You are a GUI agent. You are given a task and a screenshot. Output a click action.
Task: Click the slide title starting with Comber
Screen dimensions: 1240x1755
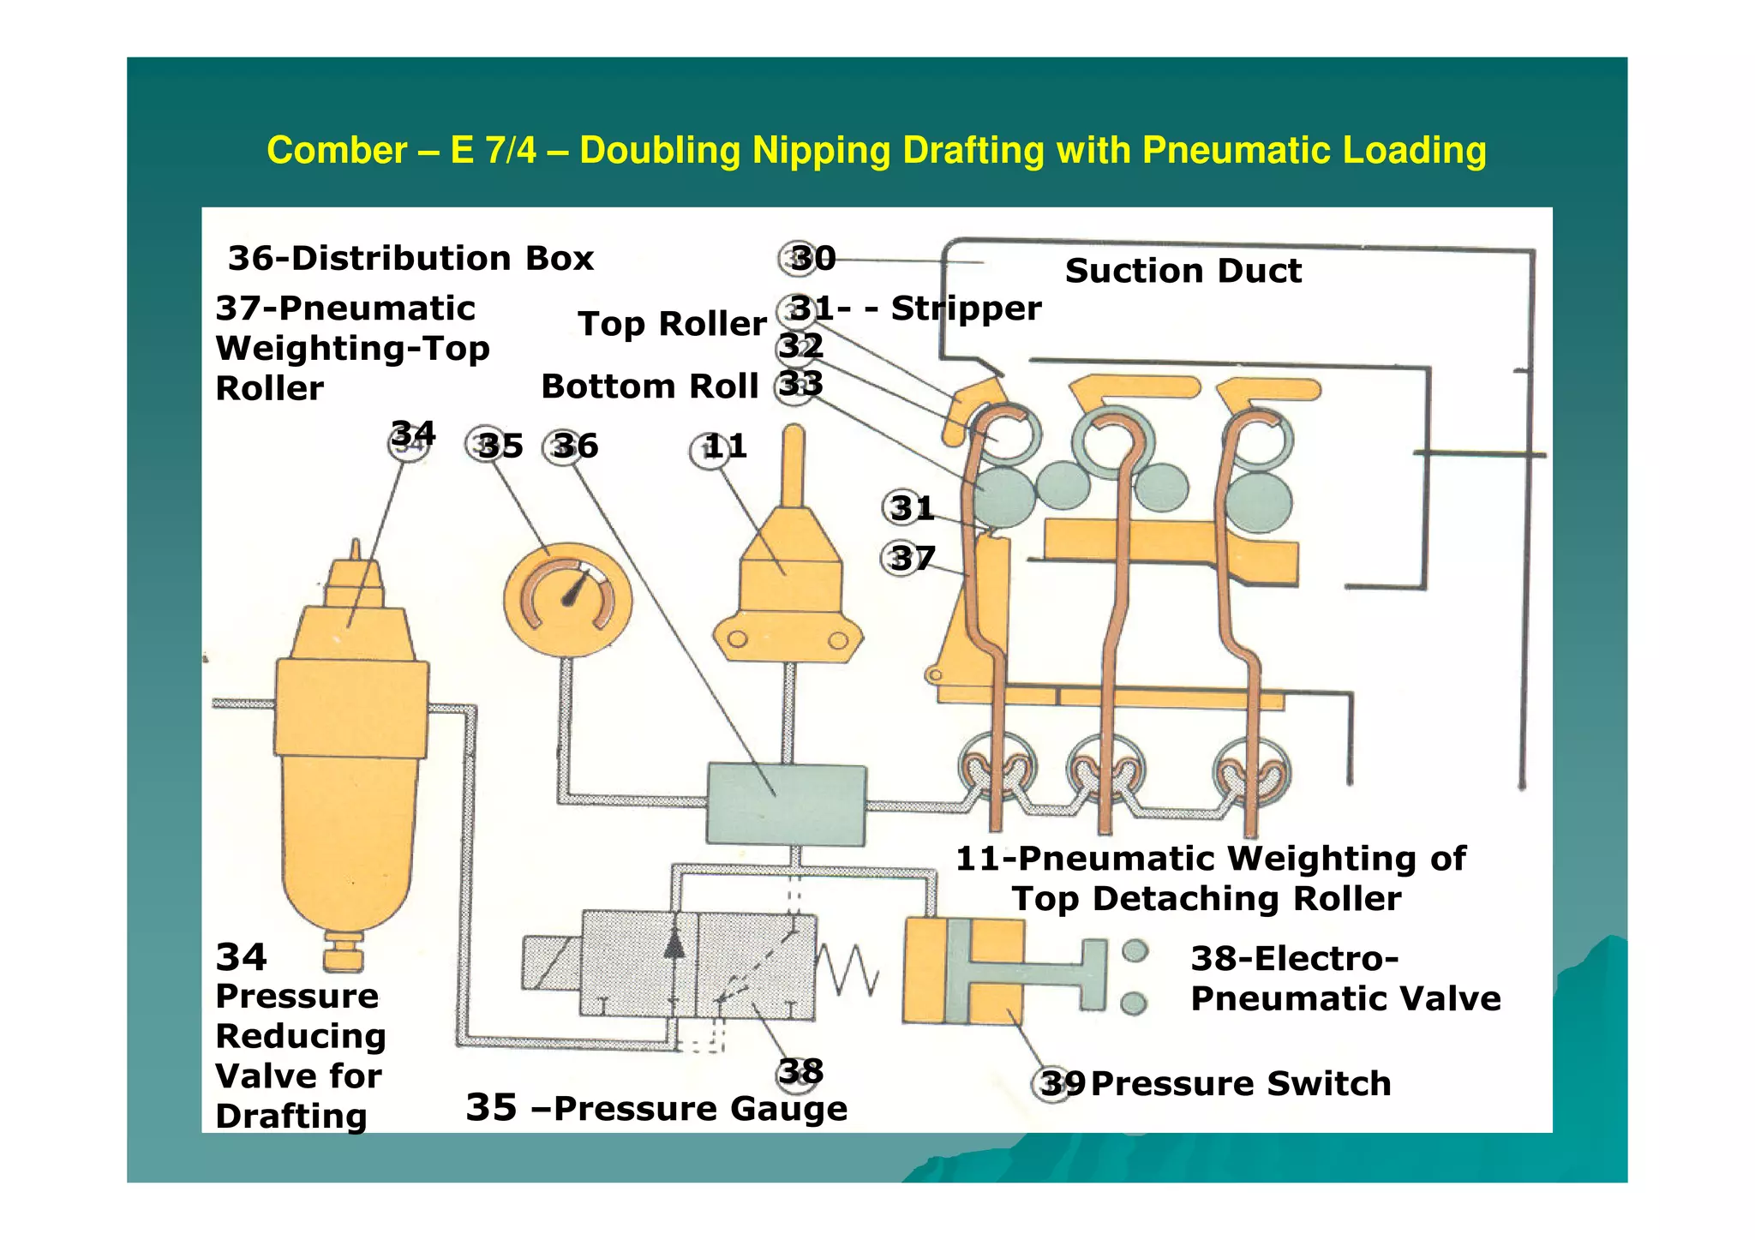876,150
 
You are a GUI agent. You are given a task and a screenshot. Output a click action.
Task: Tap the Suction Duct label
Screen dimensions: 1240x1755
1183,271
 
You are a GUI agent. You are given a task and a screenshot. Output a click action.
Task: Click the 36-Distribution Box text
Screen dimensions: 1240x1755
410,258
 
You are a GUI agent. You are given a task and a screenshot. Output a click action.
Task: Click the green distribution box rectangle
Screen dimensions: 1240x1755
786,805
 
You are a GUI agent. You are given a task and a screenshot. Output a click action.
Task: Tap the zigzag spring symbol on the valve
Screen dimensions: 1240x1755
848,968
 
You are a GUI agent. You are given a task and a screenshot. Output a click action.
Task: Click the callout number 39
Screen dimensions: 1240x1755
1061,1084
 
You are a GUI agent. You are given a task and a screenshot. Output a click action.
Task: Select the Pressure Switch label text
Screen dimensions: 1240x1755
1240,1084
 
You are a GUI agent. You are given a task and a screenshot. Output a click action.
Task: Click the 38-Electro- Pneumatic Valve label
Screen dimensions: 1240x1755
1344,979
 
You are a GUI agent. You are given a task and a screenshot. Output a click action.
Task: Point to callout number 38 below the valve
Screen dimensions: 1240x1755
800,1072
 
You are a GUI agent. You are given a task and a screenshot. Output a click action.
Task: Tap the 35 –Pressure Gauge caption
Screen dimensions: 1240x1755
656,1108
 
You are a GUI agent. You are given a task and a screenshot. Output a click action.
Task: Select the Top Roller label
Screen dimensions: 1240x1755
672,324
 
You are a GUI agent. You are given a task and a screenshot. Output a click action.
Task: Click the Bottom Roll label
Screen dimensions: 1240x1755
650,386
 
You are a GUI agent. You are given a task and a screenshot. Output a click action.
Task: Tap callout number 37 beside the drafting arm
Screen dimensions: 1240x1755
909,559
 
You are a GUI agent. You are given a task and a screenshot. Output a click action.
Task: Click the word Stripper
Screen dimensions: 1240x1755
966,309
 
